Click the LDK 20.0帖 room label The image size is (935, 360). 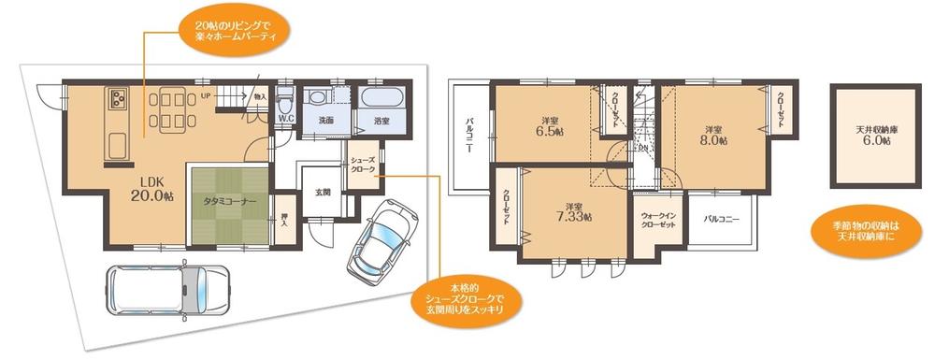point(151,188)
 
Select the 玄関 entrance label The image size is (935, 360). point(323,192)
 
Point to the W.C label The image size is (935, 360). point(286,120)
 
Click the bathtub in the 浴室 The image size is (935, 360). point(381,97)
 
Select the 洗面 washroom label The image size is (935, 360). point(325,121)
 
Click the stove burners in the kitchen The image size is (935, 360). point(119,97)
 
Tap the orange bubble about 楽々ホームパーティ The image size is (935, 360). point(233,28)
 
